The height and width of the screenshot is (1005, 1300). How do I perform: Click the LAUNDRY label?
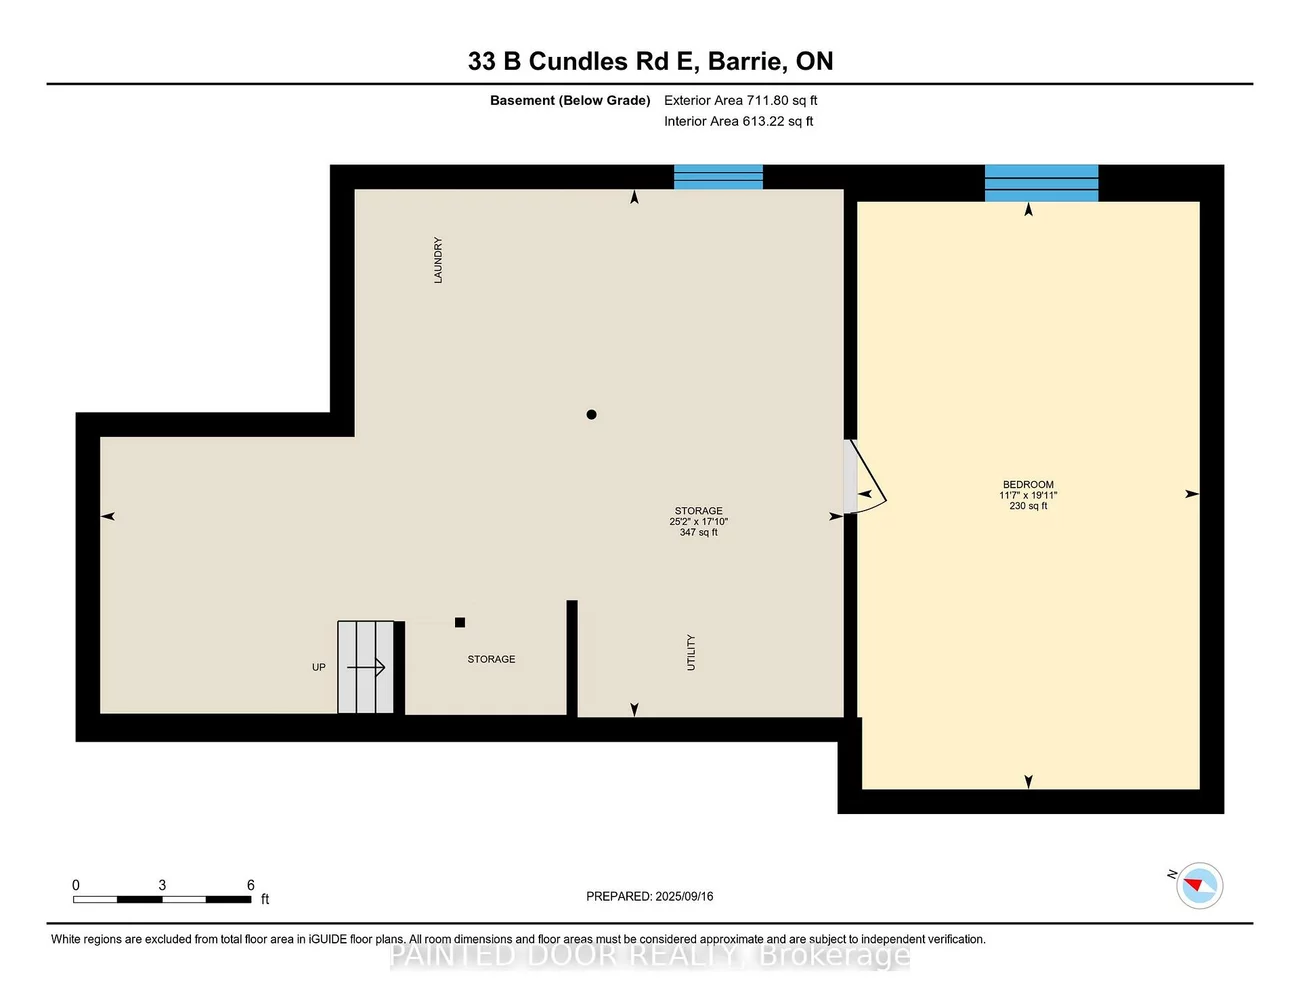pos(438,260)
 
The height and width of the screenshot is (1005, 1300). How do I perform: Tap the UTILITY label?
pos(690,652)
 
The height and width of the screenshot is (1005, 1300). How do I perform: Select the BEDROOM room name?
pos(1028,484)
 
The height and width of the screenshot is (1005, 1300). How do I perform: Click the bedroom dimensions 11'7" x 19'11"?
pos(1028,495)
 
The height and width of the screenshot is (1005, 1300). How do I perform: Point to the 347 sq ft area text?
pos(698,532)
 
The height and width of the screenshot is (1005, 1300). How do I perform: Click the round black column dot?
pos(591,414)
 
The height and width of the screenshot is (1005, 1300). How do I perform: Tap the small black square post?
pos(460,622)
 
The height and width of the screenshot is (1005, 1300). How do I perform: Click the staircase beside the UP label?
pos(366,667)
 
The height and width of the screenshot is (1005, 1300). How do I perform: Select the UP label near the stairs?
pos(319,667)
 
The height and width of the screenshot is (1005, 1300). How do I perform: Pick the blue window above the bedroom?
pos(1041,183)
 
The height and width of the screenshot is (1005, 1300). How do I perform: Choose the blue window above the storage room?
pos(718,177)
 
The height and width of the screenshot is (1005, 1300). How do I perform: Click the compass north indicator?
pos(1199,885)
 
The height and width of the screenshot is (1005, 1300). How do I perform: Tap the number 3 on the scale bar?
pos(162,885)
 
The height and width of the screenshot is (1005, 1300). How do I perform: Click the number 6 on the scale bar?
pos(251,885)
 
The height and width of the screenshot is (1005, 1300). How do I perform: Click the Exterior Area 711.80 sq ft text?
pos(740,100)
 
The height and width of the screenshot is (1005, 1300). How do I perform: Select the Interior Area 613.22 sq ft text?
pos(738,121)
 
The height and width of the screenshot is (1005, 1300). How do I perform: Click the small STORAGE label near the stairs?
pos(491,659)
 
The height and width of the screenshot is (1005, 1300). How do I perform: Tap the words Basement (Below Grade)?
pos(570,100)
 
